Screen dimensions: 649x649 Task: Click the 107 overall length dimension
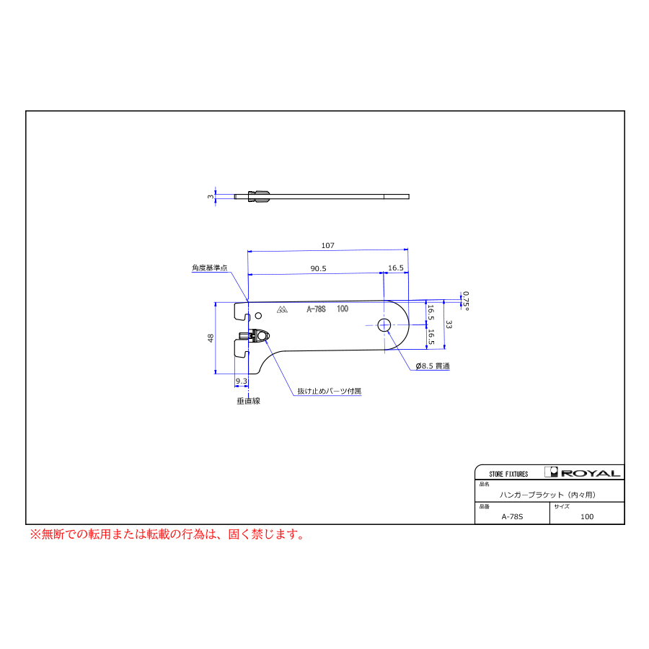point(328,245)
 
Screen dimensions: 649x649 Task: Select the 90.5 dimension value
point(318,269)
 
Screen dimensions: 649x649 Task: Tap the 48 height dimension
point(211,337)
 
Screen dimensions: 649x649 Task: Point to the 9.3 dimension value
point(242,381)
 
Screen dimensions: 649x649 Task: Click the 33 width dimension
point(449,324)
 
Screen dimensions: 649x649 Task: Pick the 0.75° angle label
point(466,301)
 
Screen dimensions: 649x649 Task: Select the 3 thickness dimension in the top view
point(211,197)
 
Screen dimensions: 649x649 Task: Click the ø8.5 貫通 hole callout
point(433,366)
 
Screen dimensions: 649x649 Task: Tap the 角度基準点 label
point(209,268)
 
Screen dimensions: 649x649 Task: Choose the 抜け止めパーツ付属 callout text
point(329,391)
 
